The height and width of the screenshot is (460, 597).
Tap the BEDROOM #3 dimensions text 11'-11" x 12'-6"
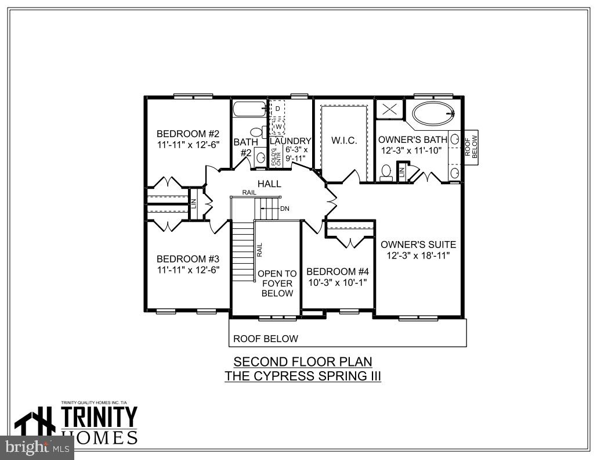coord(187,269)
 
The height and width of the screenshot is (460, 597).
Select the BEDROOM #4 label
coord(338,272)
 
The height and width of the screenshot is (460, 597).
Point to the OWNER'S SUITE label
coord(418,245)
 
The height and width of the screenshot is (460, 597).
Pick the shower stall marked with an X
coord(389,109)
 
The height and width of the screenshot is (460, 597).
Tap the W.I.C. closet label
coord(344,141)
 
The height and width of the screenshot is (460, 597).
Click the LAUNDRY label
coord(291,141)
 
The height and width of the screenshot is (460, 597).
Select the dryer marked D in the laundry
coord(278,109)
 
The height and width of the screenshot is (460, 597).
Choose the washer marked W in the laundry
coord(278,126)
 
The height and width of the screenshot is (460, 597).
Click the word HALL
coord(270,184)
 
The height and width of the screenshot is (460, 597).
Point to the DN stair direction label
coord(284,209)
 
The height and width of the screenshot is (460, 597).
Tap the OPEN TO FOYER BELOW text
coord(277,283)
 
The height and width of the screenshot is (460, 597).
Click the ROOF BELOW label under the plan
coord(265,339)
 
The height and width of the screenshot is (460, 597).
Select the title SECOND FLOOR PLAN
coord(302,361)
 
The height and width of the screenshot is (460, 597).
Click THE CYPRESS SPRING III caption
coord(302,376)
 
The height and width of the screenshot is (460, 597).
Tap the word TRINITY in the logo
coord(99,418)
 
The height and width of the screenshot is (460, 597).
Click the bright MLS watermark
coord(36,447)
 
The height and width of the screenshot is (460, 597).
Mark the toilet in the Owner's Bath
coord(387,171)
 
